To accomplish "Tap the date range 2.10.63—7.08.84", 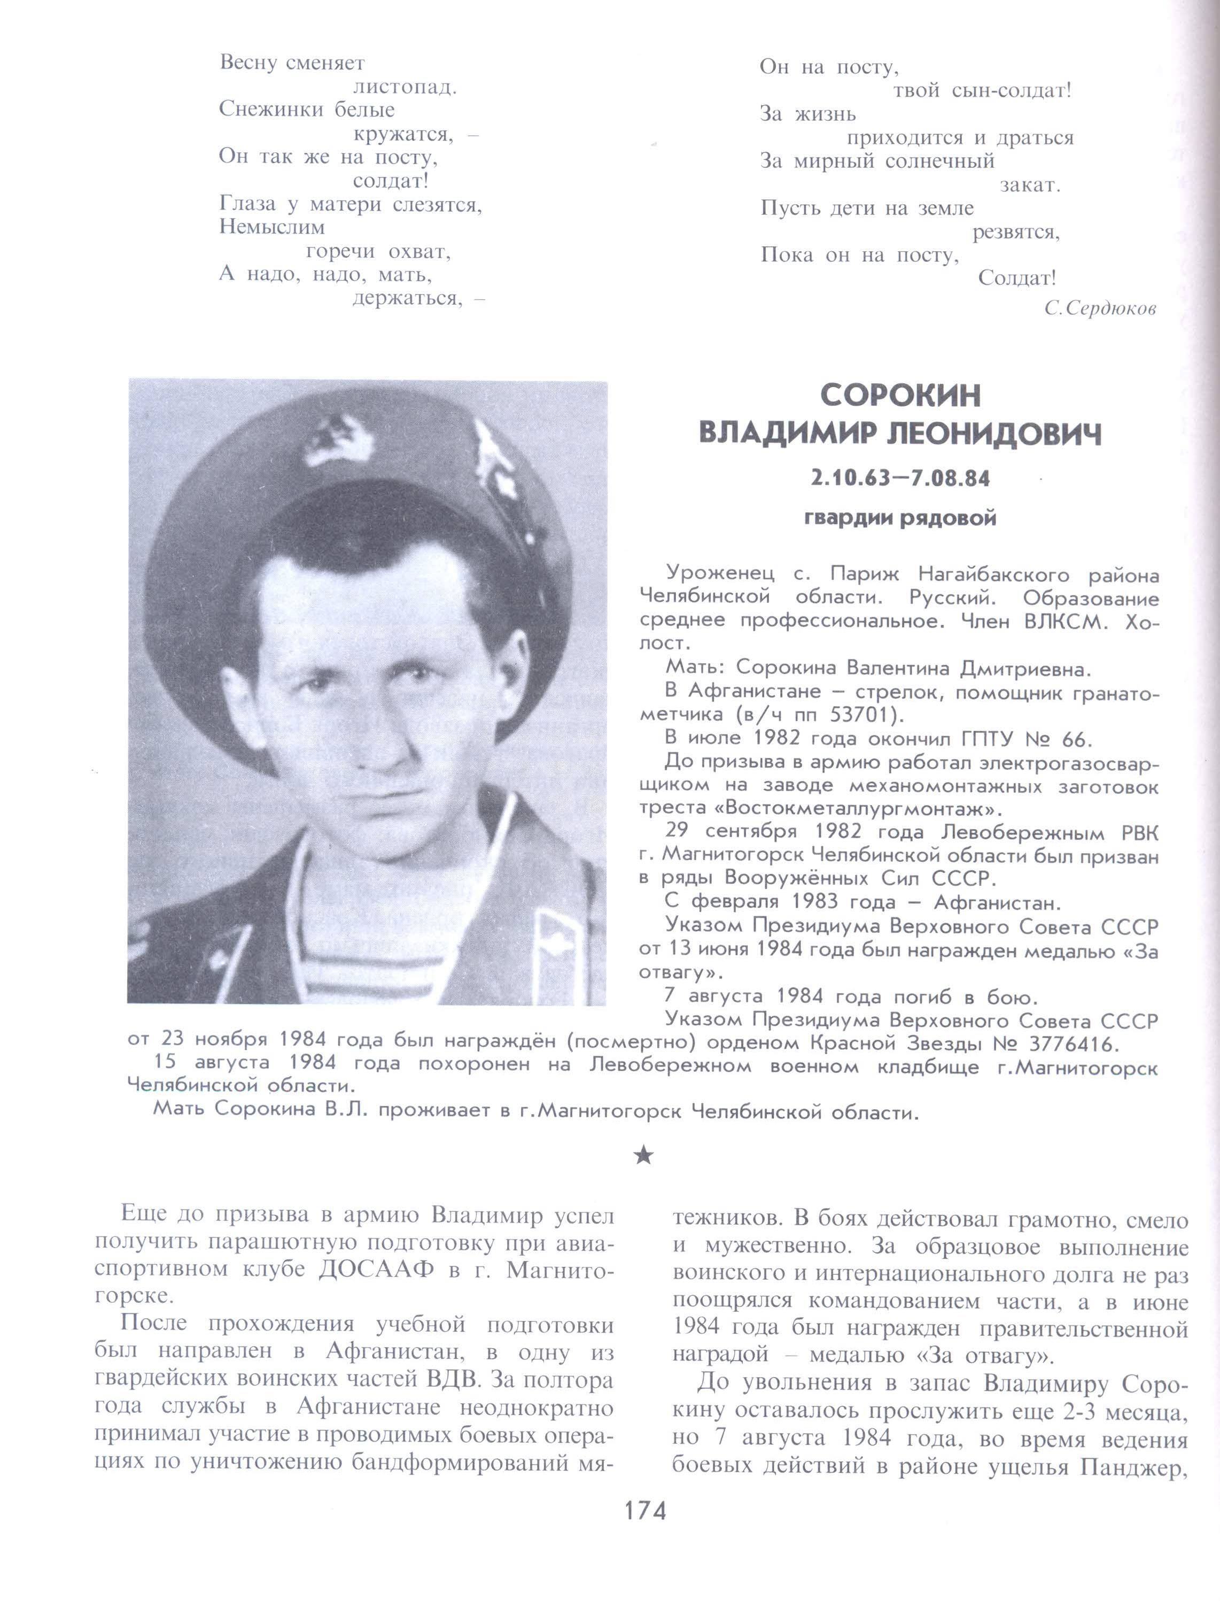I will tap(900, 479).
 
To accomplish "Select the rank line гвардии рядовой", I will tap(900, 519).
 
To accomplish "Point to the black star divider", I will tap(643, 1155).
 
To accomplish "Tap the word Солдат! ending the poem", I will tap(1016, 278).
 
